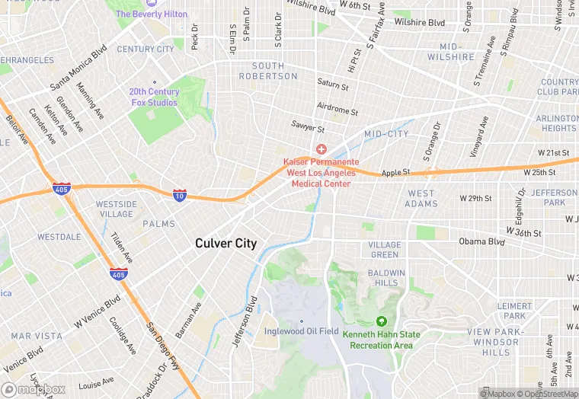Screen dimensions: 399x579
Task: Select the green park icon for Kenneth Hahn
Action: click(x=381, y=321)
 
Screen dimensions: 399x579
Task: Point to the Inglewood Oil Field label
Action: click(x=301, y=331)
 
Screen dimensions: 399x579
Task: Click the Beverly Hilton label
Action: click(x=151, y=14)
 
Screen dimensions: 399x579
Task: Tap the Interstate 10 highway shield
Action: click(x=180, y=196)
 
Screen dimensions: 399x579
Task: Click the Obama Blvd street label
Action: click(x=481, y=241)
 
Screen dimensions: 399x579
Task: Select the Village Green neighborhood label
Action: click(x=384, y=250)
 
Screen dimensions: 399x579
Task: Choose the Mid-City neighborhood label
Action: click(x=386, y=134)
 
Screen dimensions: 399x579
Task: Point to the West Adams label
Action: click(x=421, y=199)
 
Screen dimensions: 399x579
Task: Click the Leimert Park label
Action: click(x=515, y=311)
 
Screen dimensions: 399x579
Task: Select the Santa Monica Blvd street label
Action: click(x=78, y=70)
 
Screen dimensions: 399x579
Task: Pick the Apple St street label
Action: click(x=396, y=173)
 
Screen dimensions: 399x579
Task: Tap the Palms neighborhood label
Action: click(x=158, y=224)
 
